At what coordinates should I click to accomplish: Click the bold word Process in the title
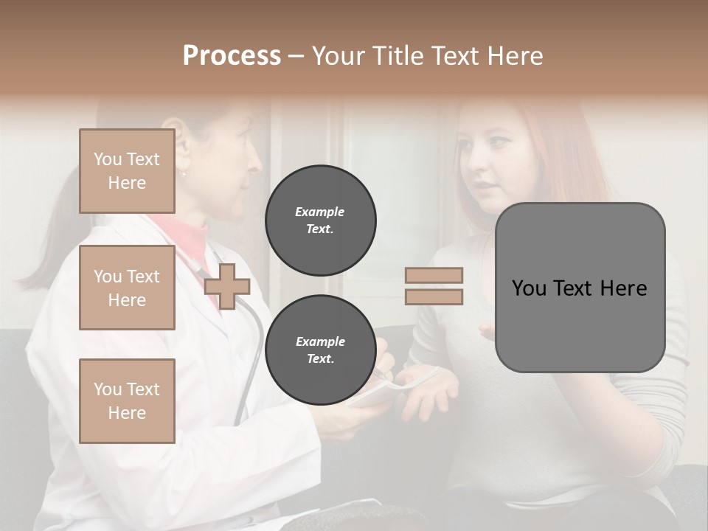(x=232, y=56)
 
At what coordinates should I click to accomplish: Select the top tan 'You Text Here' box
(x=127, y=171)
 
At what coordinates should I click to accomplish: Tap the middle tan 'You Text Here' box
(x=127, y=288)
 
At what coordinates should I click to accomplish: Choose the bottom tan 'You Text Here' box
(x=127, y=400)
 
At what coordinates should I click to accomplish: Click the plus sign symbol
(x=227, y=286)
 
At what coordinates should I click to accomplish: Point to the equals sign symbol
(x=434, y=286)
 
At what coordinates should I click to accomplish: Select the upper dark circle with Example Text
(x=320, y=220)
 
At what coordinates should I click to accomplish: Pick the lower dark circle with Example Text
(x=320, y=350)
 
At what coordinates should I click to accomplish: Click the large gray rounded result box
(x=580, y=288)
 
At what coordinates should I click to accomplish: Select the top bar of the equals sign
(x=434, y=275)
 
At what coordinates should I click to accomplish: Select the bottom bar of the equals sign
(x=434, y=296)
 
